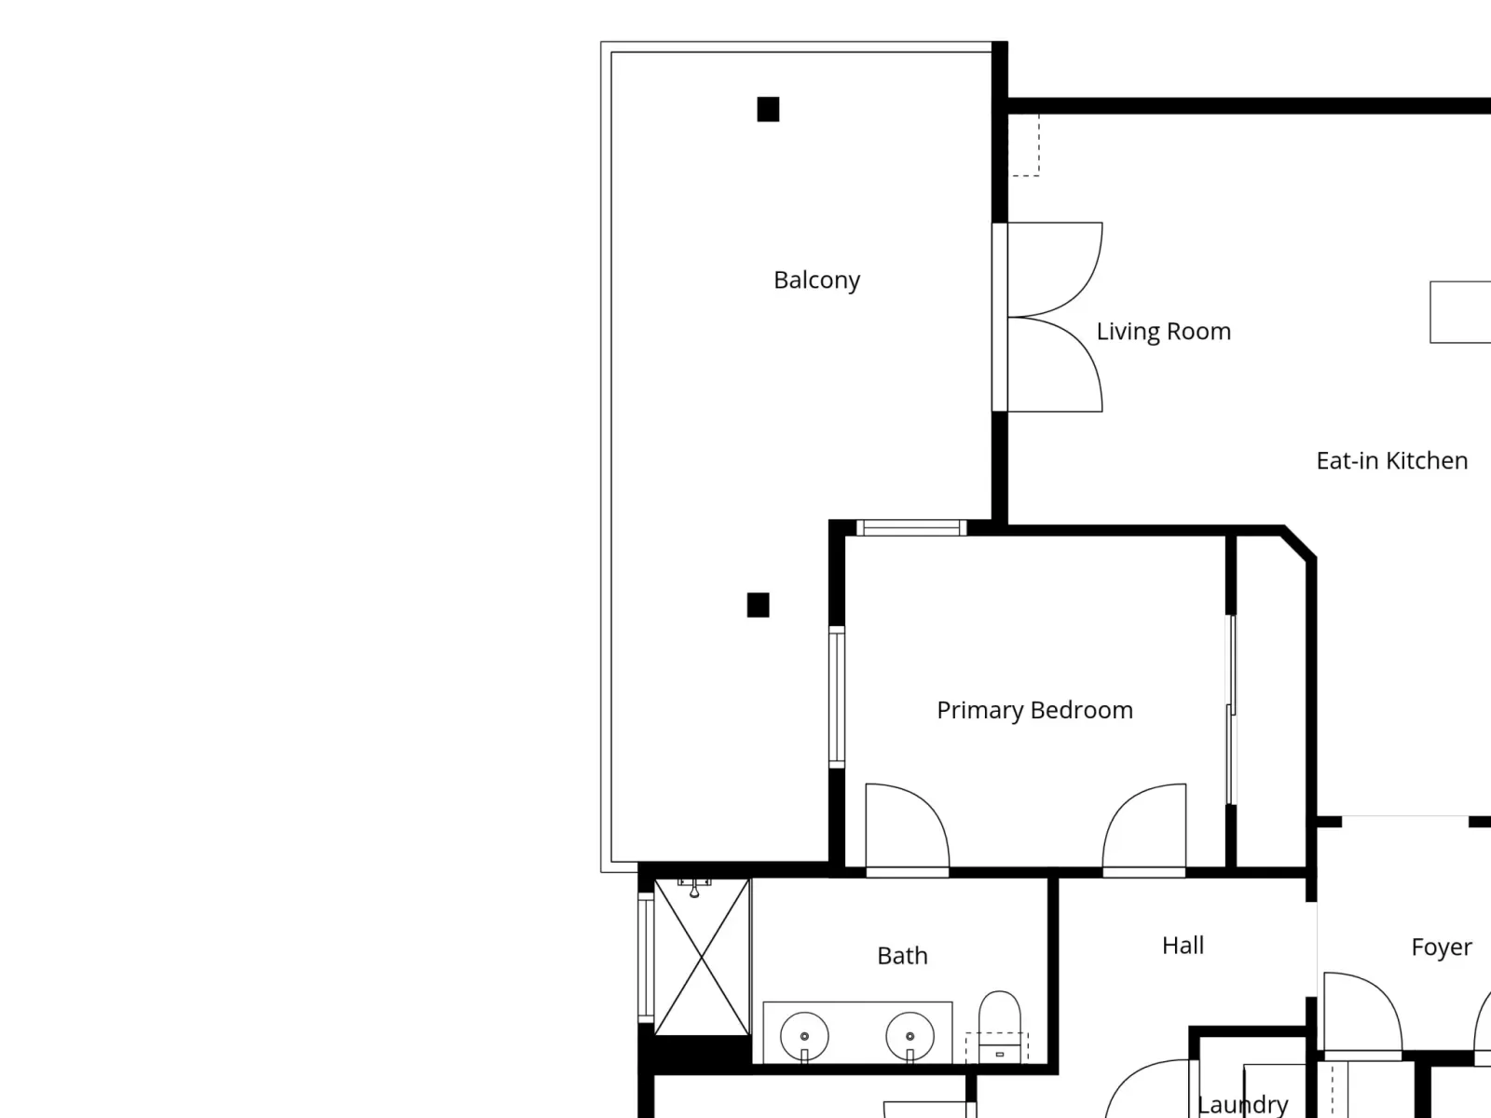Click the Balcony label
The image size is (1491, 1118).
click(x=816, y=279)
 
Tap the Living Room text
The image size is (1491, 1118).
click(x=1164, y=332)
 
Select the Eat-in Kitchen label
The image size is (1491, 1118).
click(x=1392, y=461)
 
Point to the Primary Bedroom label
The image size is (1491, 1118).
click(x=1034, y=710)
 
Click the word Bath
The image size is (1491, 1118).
click(x=902, y=956)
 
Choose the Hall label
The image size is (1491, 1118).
click(x=1183, y=945)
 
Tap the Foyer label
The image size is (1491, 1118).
click(x=1442, y=947)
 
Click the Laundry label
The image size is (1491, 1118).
click(x=1241, y=1104)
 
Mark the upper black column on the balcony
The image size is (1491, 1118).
click(x=768, y=109)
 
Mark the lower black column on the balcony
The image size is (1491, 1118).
click(x=758, y=605)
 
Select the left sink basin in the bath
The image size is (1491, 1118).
click(x=804, y=1037)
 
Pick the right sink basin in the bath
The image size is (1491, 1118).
click(x=910, y=1037)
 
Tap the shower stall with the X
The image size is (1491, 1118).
click(x=702, y=957)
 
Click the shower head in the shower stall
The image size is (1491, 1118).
click(x=694, y=888)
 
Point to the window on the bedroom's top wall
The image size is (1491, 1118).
click(x=910, y=527)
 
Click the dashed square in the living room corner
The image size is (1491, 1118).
click(x=1023, y=145)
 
